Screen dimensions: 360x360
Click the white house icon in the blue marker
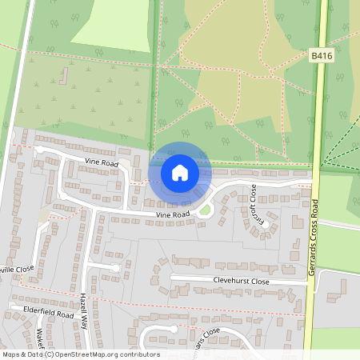[180, 173]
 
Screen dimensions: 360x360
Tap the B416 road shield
[320, 55]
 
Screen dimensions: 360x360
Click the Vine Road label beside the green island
[173, 215]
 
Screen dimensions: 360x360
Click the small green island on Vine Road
[206, 210]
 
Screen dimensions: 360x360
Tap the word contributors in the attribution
[141, 354]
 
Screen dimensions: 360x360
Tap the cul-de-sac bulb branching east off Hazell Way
[116, 267]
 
